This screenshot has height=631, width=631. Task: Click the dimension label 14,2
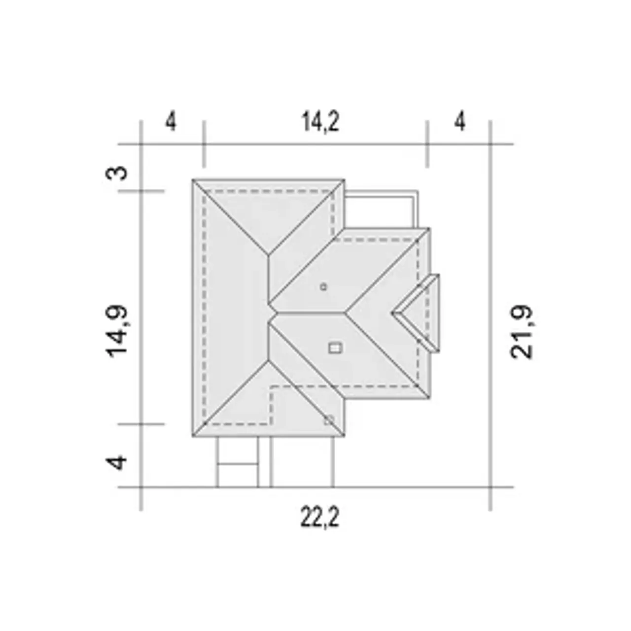tap(320, 121)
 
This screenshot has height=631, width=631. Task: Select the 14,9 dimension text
tap(117, 331)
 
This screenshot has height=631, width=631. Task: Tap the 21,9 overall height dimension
tap(522, 332)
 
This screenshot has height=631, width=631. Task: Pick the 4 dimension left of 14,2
tap(171, 121)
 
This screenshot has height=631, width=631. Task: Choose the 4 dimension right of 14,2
tap(460, 121)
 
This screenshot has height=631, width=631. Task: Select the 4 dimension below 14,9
tap(117, 462)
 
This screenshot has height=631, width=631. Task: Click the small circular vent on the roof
tap(323, 287)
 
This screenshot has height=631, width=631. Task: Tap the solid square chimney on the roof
tap(335, 348)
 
